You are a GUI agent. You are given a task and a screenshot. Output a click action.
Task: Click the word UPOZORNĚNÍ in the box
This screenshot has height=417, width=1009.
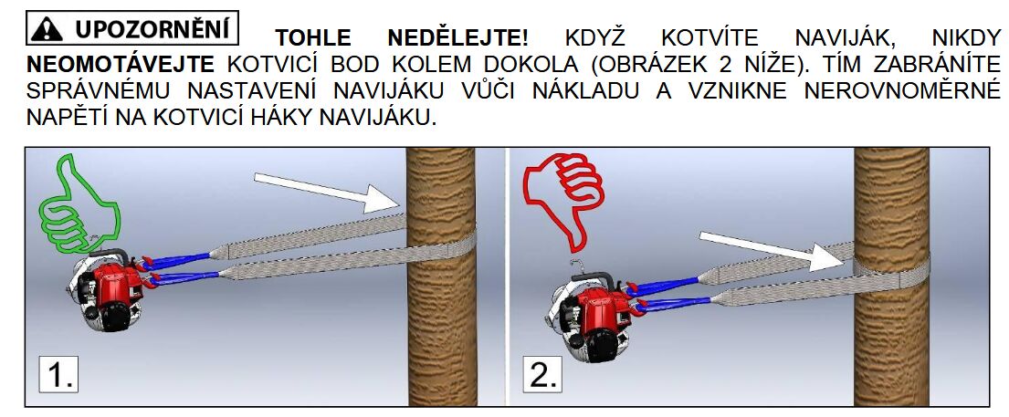point(153,29)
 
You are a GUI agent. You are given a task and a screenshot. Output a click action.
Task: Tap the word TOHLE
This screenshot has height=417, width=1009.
point(313,38)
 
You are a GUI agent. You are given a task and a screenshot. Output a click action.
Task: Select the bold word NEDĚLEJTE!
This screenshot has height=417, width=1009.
point(457,37)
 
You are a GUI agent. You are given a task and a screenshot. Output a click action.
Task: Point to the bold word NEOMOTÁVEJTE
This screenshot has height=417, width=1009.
point(121,65)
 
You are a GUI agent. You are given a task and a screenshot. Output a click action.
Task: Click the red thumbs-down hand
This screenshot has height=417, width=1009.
point(564,200)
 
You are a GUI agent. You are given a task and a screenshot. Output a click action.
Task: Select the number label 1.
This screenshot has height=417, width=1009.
point(58,374)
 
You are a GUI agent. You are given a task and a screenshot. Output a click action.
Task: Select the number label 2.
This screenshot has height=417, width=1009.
point(542,374)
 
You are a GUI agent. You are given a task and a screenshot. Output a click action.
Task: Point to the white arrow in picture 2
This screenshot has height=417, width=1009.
point(773,251)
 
